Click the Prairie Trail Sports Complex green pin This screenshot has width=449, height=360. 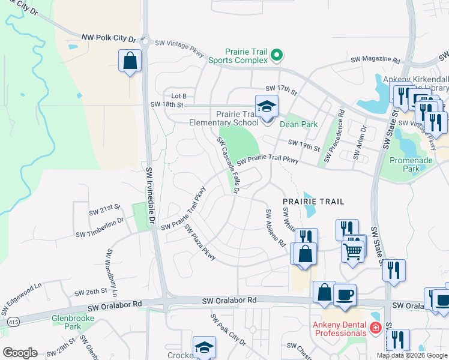(276, 56)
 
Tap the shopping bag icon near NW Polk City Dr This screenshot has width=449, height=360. (130, 61)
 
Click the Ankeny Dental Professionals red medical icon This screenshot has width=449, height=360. (375, 328)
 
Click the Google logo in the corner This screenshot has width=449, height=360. (20, 352)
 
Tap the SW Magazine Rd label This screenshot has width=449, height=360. (376, 60)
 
